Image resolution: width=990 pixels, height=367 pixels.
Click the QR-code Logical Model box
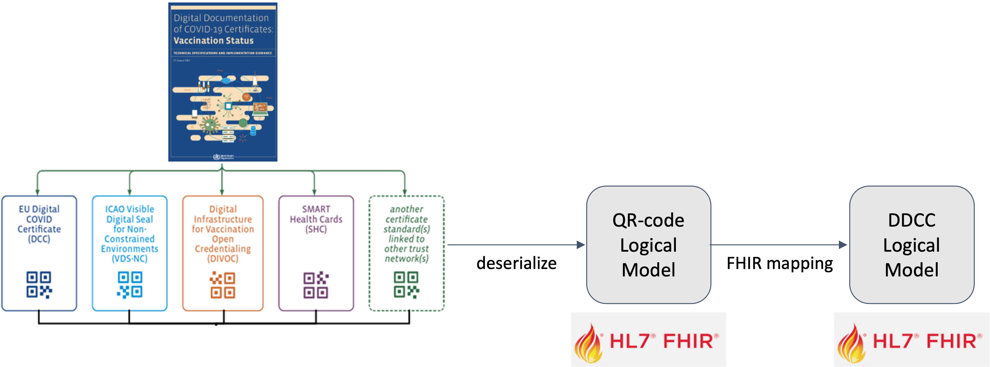pyautogui.click(x=648, y=245)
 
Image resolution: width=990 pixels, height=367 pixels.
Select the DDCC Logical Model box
pyautogui.click(x=911, y=245)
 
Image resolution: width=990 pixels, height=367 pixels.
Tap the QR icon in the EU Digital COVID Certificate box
pyautogui.click(x=39, y=285)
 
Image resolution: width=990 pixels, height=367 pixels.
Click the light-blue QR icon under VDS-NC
pyautogui.click(x=130, y=285)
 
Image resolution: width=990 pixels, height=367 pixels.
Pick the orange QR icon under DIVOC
pyautogui.click(x=223, y=285)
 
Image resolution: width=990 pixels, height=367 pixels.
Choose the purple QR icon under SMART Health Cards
pyautogui.click(x=316, y=285)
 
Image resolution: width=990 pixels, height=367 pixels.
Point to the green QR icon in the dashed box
pyautogui.click(x=406, y=285)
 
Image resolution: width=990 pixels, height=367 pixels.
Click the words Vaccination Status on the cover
pyautogui.click(x=213, y=41)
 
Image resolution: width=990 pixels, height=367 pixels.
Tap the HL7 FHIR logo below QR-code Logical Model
pyautogui.click(x=648, y=340)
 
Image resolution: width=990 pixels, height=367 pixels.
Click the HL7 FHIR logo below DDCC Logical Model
pyautogui.click(x=911, y=340)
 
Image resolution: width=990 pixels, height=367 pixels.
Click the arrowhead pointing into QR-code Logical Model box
pyautogui.click(x=581, y=245)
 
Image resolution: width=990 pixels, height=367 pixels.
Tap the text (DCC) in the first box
pyautogui.click(x=39, y=239)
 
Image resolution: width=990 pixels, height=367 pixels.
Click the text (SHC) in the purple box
pyautogui.click(x=316, y=229)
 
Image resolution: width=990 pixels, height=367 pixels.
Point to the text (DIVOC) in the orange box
pyautogui.click(x=223, y=258)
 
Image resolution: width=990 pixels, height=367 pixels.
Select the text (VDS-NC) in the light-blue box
pyautogui.click(x=130, y=258)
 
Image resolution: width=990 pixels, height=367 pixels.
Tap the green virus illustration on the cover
pyautogui.click(x=210, y=125)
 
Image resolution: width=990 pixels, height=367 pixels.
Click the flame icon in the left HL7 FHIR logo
pyautogui.click(x=588, y=344)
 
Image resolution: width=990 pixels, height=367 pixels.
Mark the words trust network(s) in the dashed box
pyautogui.click(x=406, y=254)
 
